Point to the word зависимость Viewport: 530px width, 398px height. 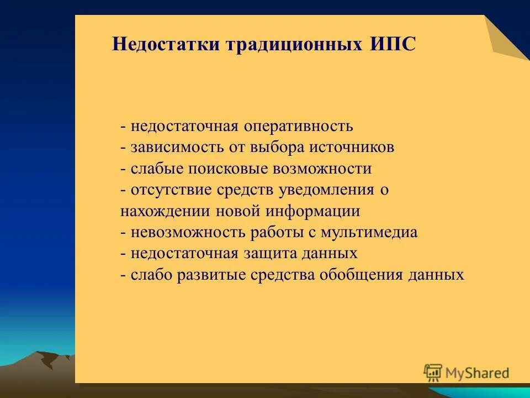click(x=171, y=148)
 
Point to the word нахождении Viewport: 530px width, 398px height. click(x=160, y=211)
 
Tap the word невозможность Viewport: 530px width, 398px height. click(x=188, y=233)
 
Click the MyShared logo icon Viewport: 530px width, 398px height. click(x=433, y=373)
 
